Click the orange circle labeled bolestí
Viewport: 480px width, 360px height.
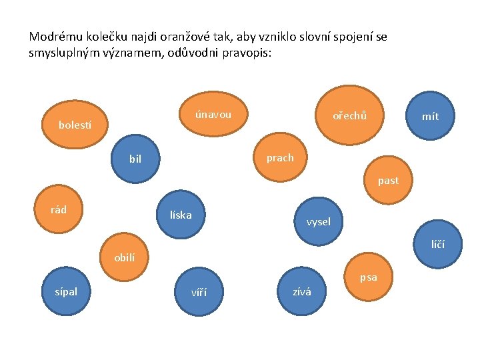75,124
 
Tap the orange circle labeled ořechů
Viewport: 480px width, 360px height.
349,115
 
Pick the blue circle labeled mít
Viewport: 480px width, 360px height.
430,116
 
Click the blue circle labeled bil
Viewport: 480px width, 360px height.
136,159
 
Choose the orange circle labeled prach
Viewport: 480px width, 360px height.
280,158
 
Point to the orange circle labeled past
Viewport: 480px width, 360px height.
388,181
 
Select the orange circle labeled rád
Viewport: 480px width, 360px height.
59,210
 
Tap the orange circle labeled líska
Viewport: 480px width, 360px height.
181,215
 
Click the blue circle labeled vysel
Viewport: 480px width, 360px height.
318,221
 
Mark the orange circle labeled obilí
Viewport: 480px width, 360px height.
124,257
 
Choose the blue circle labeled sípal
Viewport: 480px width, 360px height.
67,291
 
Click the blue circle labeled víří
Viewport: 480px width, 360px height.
199,291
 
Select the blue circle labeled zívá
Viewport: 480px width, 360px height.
301,291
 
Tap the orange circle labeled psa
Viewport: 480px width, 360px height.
369,277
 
